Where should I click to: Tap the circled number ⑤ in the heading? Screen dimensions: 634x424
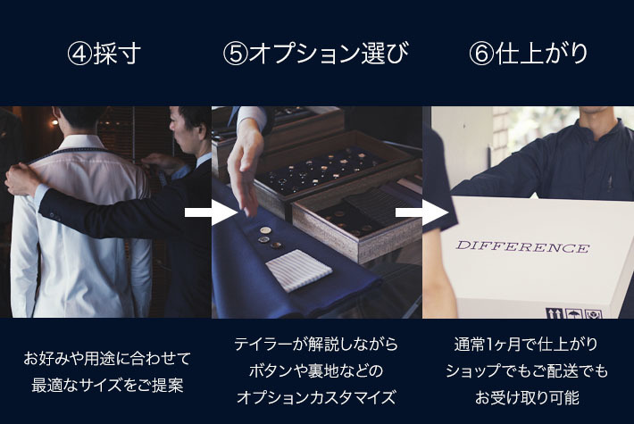click(235, 54)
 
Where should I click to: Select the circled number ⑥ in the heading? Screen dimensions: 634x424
click(481, 54)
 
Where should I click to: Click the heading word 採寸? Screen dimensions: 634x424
click(117, 54)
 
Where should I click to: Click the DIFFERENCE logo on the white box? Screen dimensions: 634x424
click(522, 246)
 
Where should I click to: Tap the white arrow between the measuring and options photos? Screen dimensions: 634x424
click(211, 212)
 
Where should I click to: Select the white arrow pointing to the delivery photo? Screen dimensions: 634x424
click(421, 212)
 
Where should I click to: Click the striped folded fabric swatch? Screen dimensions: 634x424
click(299, 270)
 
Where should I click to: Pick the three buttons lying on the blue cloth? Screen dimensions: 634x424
click(271, 237)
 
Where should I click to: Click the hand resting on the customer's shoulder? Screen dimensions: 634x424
click(21, 180)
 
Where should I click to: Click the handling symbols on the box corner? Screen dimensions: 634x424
click(574, 313)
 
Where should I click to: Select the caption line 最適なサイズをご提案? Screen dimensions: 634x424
click(107, 386)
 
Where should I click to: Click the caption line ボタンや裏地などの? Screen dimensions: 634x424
click(316, 370)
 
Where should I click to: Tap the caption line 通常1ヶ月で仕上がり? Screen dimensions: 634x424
click(526, 345)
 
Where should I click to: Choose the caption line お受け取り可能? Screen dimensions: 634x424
click(527, 397)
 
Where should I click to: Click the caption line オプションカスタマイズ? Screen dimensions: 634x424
click(316, 397)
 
